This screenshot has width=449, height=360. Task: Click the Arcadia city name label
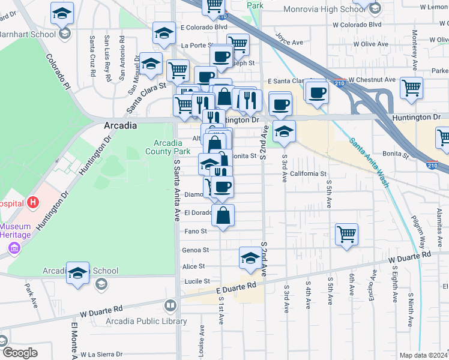120,126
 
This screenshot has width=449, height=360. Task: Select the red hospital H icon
33,203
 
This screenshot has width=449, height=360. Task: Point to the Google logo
19,353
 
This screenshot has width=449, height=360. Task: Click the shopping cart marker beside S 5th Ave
347,235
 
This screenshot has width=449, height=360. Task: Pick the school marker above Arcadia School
77,273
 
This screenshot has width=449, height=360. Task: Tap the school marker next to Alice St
250,258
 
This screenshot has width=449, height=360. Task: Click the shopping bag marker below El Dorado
223,217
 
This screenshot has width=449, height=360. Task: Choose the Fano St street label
195,231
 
